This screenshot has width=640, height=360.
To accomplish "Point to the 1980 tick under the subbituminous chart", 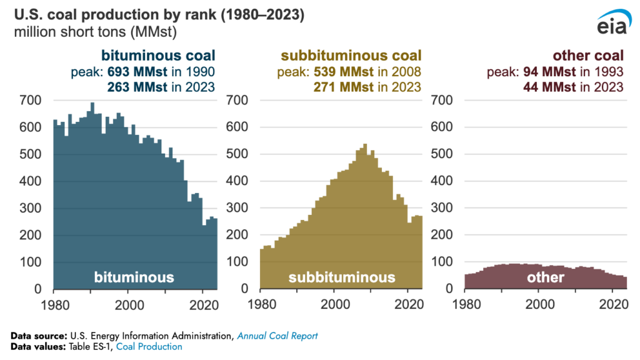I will tap(259, 306).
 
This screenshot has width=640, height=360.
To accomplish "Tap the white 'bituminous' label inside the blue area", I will tap(134, 277).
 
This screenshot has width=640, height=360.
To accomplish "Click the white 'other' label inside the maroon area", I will tap(545, 277).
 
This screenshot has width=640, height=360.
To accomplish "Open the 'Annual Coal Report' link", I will tap(277, 336).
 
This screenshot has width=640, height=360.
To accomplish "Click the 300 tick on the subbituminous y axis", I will tap(238, 208).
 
